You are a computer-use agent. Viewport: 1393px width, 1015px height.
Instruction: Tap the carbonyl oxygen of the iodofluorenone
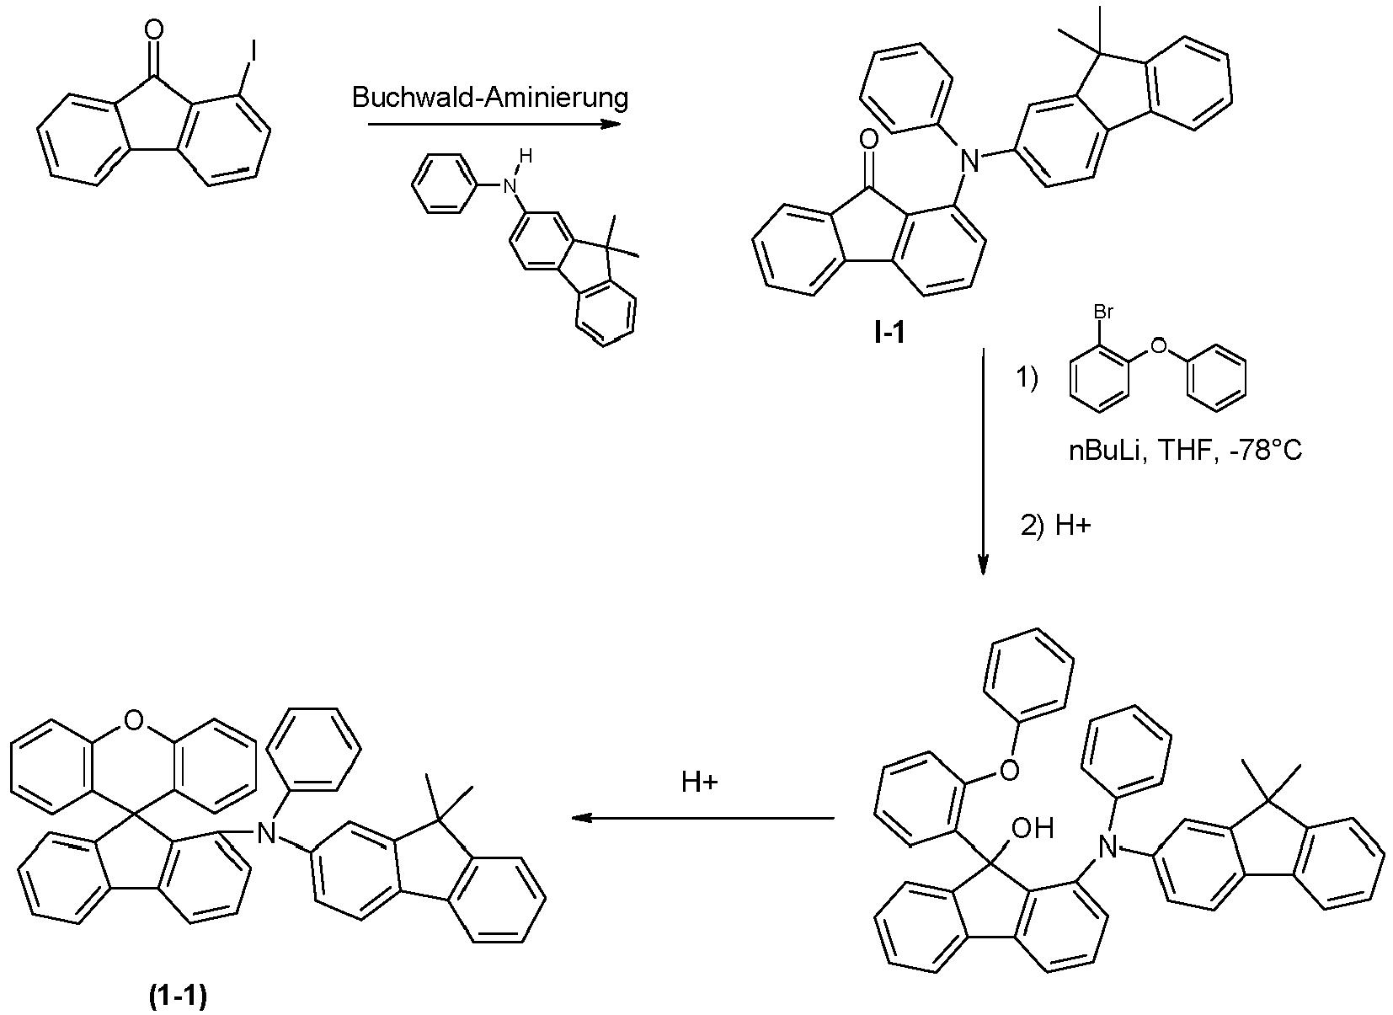pyautogui.click(x=152, y=32)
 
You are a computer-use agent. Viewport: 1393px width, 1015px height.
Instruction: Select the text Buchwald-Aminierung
pyautogui.click(x=490, y=98)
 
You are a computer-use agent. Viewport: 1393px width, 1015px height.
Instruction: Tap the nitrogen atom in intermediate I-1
pyautogui.click(x=972, y=159)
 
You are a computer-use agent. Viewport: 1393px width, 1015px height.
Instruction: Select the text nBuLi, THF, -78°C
pyautogui.click(x=1185, y=451)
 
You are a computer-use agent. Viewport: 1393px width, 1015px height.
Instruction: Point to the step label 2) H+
pyautogui.click(x=1055, y=526)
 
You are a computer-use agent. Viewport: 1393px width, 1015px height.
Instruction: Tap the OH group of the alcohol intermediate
pyautogui.click(x=1032, y=829)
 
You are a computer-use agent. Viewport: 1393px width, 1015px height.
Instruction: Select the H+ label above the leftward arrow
pyautogui.click(x=700, y=783)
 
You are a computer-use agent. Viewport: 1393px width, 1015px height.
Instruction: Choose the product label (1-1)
pyautogui.click(x=178, y=996)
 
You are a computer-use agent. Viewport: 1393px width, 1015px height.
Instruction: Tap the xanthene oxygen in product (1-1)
pyautogui.click(x=131, y=719)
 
